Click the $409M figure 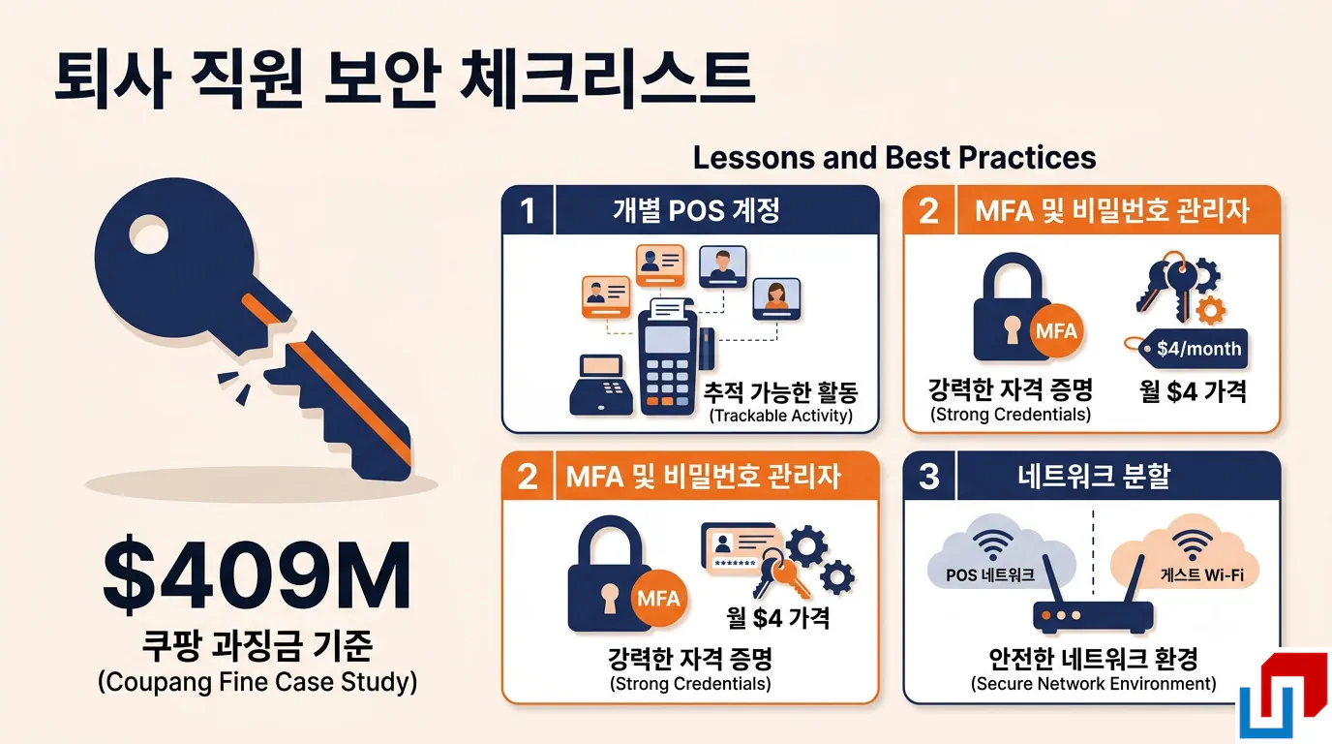pos(257,575)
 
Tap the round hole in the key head pos(149,233)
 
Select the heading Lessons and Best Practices pos(894,158)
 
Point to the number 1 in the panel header pos(528,210)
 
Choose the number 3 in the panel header pos(929,477)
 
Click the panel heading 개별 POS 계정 pos(696,210)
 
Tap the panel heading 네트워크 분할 pos(1094,477)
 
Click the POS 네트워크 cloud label pos(990,575)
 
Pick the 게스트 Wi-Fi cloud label pos(1201,575)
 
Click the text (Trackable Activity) pos(780,416)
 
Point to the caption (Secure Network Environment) pos(1093,683)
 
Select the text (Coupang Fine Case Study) pos(257,682)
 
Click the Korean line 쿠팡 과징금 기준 pos(257,645)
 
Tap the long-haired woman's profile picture pos(776,299)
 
